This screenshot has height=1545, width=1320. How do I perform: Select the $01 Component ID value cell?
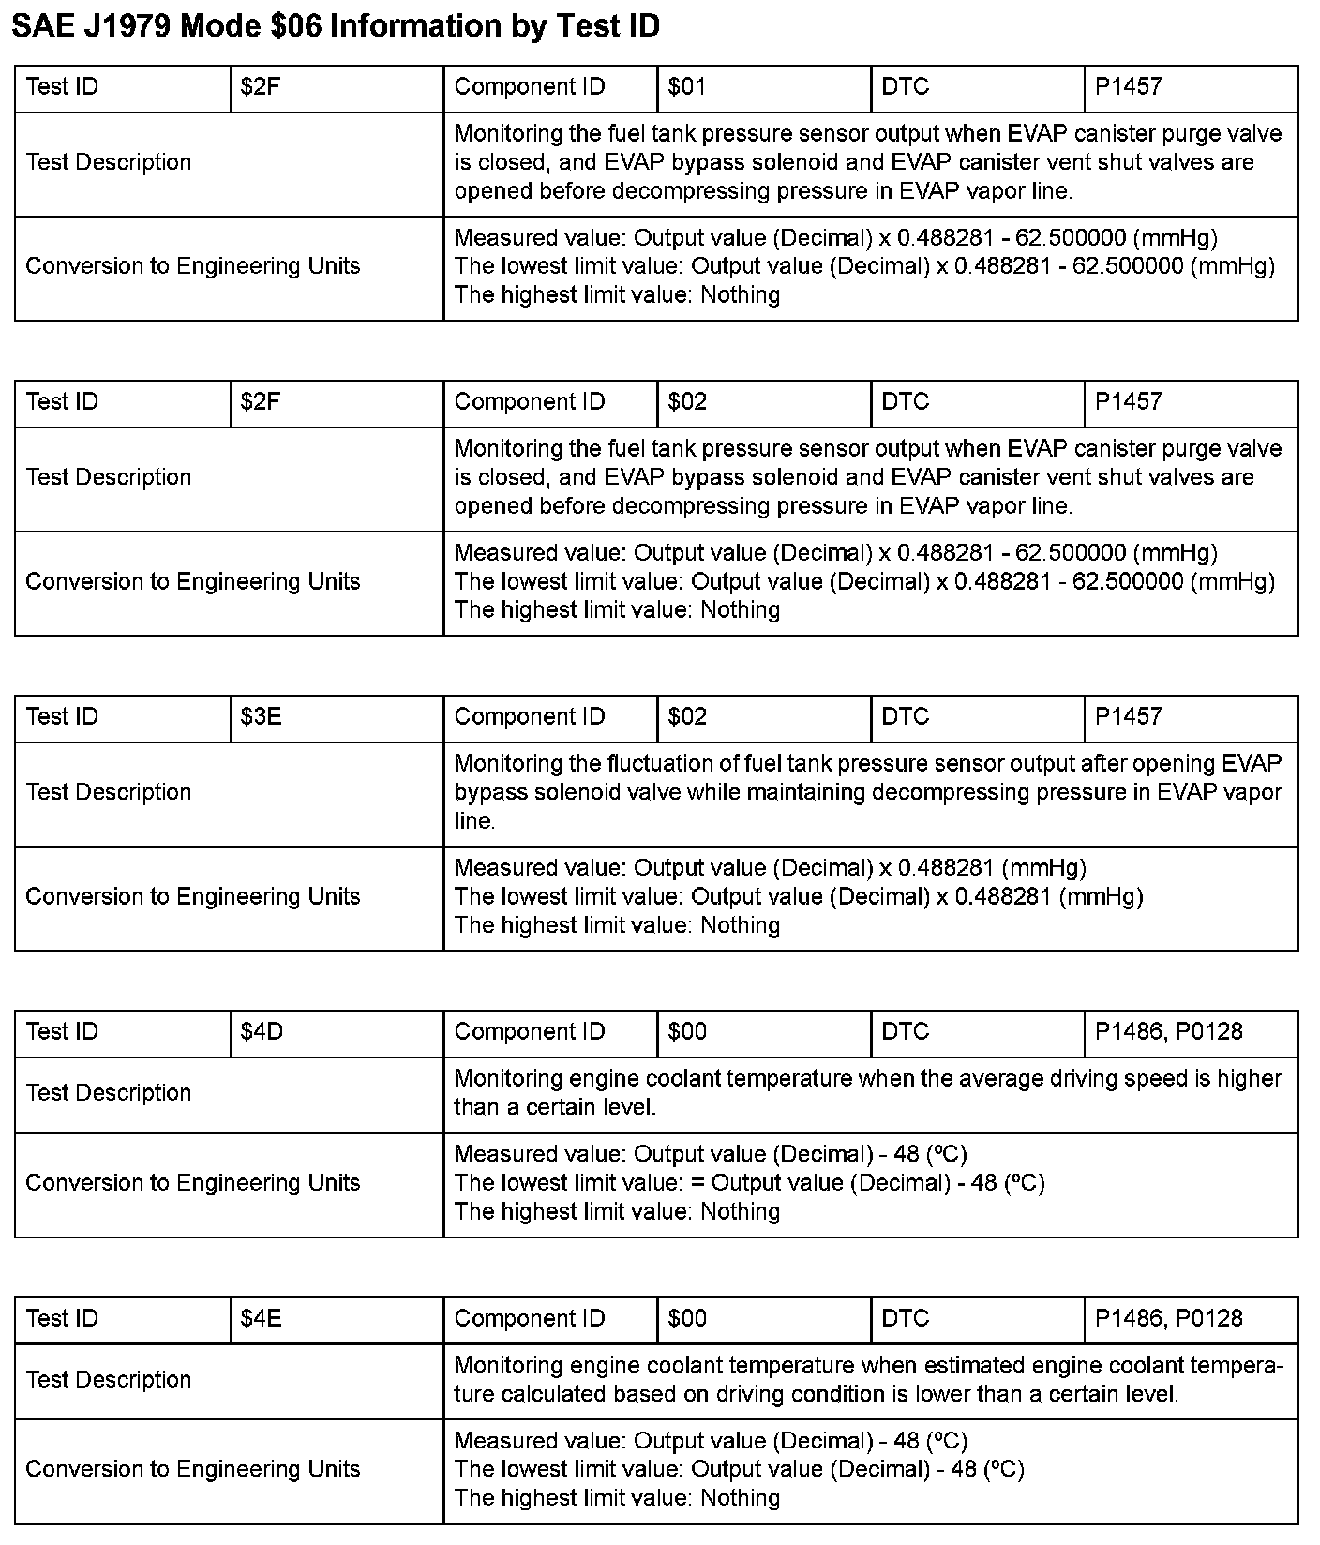(686, 87)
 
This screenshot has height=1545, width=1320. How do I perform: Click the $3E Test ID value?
(261, 717)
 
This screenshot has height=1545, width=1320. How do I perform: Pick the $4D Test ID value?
(262, 1032)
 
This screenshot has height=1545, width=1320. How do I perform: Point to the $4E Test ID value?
(261, 1319)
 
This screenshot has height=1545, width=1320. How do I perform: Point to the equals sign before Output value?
(697, 1183)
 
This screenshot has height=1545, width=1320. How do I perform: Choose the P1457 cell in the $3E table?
(1128, 717)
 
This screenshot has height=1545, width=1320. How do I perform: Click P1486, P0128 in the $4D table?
(1168, 1032)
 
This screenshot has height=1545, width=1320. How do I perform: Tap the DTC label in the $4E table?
(905, 1319)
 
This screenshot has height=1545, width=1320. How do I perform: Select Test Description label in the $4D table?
(109, 1093)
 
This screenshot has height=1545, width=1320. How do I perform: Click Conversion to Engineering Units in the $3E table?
(193, 897)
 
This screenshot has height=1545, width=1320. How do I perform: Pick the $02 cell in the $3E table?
(687, 717)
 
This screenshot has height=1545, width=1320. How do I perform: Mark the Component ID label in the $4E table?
(530, 1319)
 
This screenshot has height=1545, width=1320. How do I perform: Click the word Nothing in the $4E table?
(740, 1498)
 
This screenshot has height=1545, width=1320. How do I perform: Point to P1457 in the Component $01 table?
(1128, 87)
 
